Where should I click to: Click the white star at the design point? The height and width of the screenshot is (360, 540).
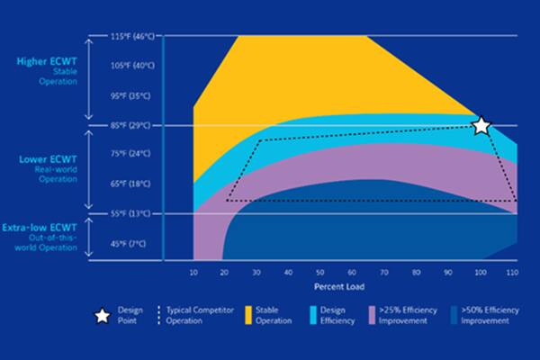point(481,126)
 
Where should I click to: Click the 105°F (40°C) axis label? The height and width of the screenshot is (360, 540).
point(132,66)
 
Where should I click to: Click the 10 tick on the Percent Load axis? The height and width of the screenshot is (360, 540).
point(193,271)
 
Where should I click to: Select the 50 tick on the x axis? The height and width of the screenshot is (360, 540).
point(319,271)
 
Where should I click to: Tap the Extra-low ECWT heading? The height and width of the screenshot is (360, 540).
point(45,227)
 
